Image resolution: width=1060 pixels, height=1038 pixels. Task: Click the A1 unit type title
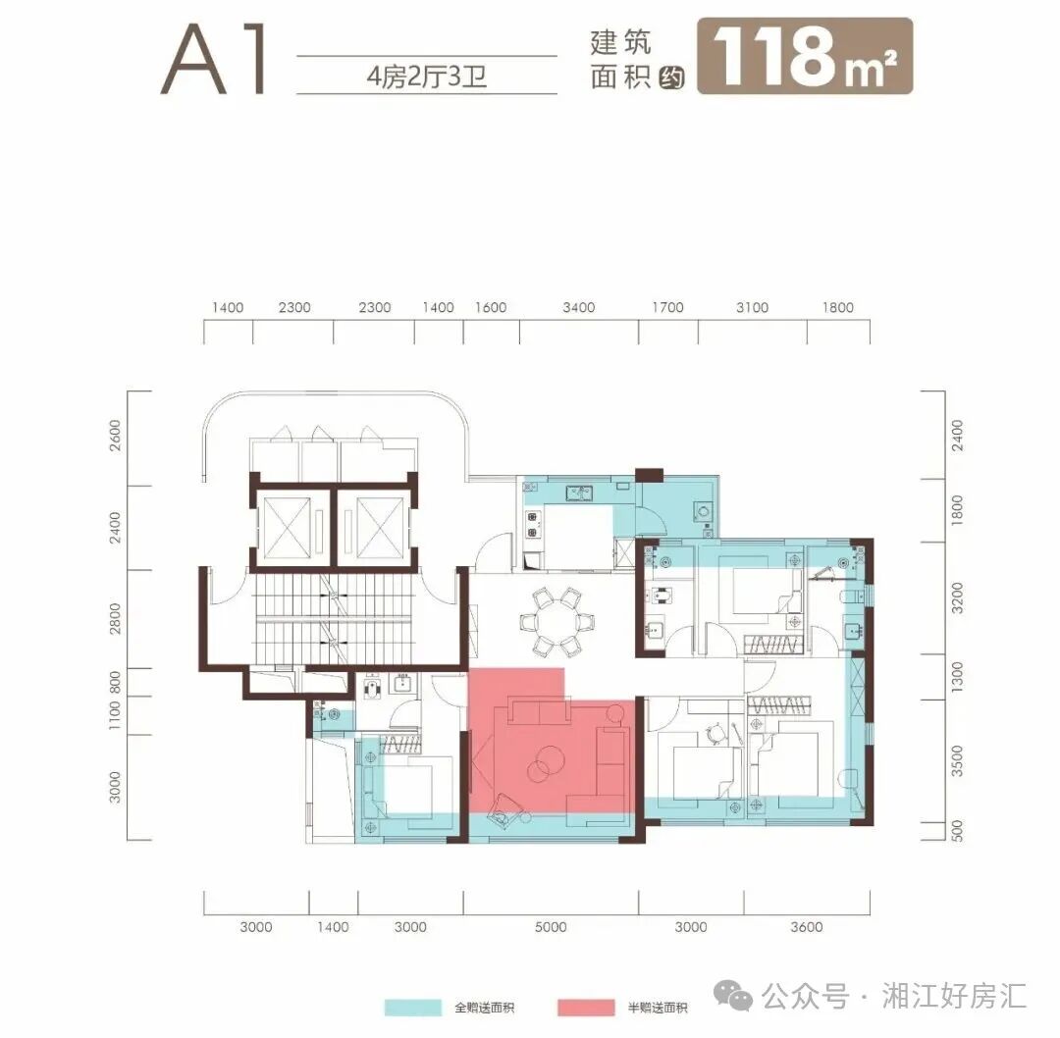(216, 61)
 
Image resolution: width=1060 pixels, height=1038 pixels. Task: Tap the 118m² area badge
(805, 56)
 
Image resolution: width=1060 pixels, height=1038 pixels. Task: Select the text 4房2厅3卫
(427, 76)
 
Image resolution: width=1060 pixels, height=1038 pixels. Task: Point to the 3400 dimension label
(579, 308)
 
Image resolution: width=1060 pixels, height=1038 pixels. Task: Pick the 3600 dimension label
(806, 926)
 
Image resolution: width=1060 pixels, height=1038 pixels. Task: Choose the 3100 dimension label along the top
(752, 308)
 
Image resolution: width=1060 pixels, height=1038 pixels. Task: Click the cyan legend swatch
(413, 1008)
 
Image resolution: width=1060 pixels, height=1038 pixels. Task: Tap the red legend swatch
(585, 1008)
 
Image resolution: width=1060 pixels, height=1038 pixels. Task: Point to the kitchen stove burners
(533, 525)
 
